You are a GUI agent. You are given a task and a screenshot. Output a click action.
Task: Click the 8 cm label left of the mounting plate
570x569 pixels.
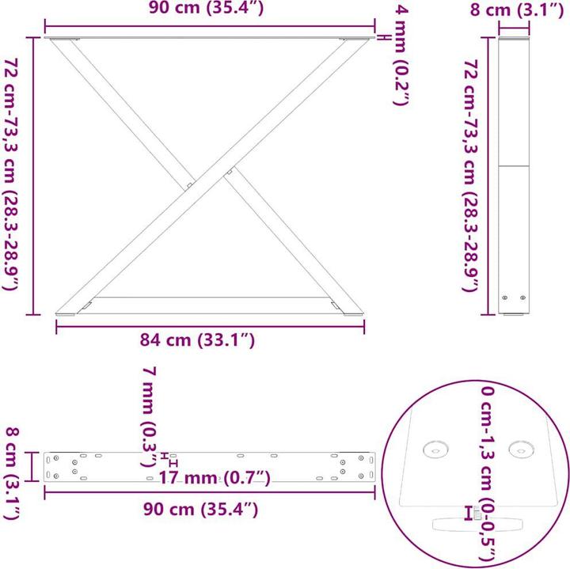click(x=11, y=472)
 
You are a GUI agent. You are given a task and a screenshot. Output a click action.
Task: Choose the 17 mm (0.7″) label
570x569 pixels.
click(x=215, y=478)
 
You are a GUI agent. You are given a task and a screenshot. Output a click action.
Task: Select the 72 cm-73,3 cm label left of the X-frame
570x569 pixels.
click(x=11, y=175)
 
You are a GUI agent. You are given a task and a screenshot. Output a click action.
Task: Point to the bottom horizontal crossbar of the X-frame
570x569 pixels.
click(x=210, y=299)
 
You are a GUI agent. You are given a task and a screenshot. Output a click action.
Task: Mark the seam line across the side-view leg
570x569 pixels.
click(x=514, y=166)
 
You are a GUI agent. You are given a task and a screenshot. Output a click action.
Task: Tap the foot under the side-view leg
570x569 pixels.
click(x=514, y=316)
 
